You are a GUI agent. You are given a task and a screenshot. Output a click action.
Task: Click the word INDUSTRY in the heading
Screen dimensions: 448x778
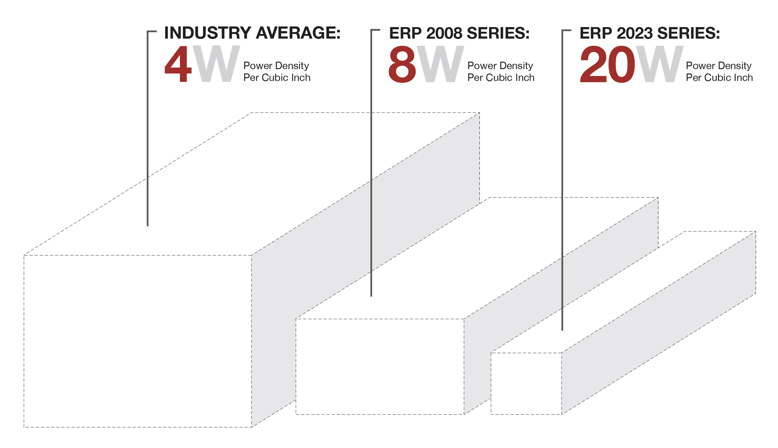point(208,33)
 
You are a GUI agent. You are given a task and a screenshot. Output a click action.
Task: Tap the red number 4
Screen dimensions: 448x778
point(178,64)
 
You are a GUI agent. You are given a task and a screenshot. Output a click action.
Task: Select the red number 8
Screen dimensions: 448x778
point(402,64)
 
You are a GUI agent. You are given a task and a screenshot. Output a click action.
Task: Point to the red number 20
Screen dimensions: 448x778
point(607,64)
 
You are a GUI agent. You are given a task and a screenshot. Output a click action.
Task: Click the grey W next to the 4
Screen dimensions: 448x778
point(216,64)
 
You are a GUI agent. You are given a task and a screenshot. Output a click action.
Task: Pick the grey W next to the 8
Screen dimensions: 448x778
point(440,64)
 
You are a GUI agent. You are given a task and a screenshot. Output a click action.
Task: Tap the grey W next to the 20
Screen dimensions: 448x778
point(659,64)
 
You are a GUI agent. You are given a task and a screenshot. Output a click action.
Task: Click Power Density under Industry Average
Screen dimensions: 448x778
point(276,66)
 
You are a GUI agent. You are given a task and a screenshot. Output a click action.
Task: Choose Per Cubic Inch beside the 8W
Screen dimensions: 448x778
point(501,78)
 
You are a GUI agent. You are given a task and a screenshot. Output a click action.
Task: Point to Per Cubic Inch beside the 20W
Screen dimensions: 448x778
point(719,78)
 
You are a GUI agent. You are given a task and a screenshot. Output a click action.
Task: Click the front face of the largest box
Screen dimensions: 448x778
point(138,341)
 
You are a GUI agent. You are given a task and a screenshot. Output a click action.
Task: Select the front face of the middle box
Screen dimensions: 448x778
point(380,366)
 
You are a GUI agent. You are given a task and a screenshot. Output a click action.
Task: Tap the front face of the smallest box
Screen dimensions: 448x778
point(526,383)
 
